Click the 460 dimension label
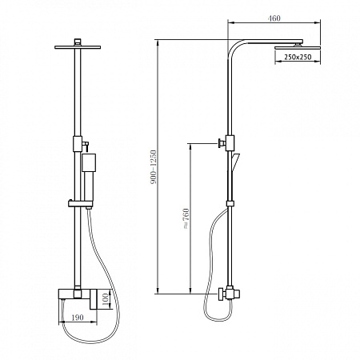pos(274,18)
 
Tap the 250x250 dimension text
pos(298,57)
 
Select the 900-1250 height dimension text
pos(154,167)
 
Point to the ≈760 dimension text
pos(186,218)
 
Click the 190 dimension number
pos(78,318)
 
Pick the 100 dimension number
pos(105,300)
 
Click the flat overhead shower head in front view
pos(78,47)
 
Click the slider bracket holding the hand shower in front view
pos(80,204)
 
